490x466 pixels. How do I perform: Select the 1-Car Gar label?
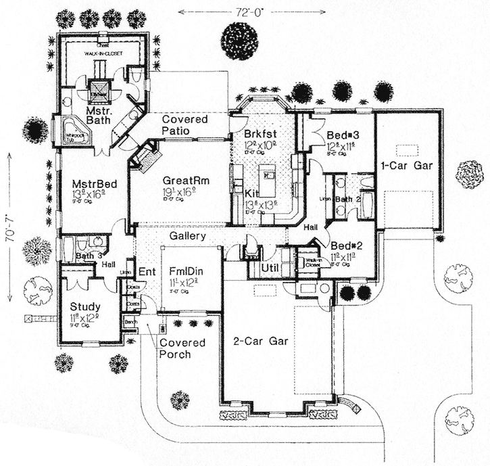pyautogui.click(x=408, y=164)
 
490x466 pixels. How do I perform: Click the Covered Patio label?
pyautogui.click(x=185, y=125)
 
